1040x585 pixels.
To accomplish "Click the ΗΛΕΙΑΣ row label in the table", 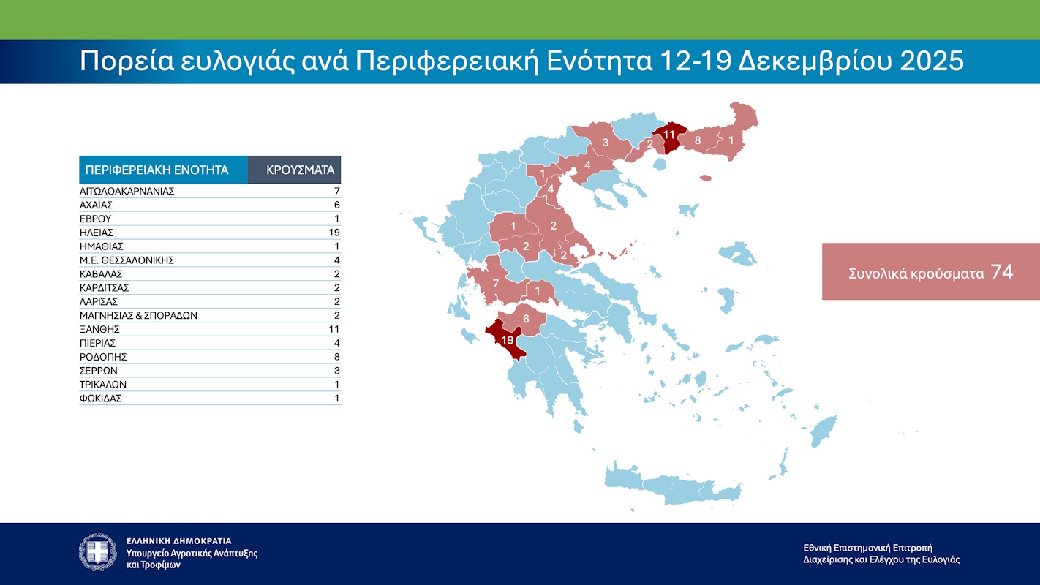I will pos(97,233).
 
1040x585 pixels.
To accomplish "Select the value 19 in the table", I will pos(335,233).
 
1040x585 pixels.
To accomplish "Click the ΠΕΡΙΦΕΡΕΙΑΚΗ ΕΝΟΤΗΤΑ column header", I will pos(157,170).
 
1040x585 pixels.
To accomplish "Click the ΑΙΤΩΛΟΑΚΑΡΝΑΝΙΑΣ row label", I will pos(127,191).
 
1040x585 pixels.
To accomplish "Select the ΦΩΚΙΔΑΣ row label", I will pos(100,399).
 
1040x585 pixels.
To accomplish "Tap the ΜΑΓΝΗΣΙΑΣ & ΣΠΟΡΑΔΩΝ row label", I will pos(138,315).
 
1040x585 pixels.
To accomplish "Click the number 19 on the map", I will pos(508,340).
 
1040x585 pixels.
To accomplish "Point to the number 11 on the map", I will pos(669,135).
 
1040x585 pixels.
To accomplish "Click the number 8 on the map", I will pos(698,140).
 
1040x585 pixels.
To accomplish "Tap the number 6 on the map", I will pos(526,319).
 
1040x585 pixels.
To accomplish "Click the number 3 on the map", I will pos(606,142).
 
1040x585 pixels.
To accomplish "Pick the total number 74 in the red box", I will pos(1002,272).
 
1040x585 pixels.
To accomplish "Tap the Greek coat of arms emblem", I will pos(98,552).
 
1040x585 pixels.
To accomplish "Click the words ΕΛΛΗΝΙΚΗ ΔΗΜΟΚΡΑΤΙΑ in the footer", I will pos(179,541).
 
